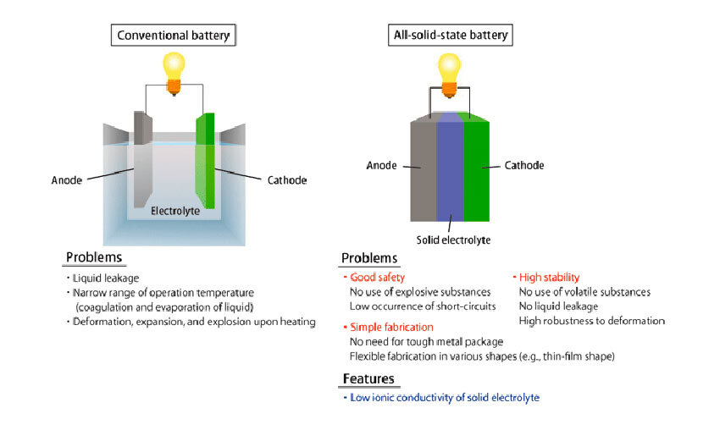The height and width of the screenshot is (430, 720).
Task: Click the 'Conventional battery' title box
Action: pos(172,36)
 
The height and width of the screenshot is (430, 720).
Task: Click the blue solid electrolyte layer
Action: pos(449,169)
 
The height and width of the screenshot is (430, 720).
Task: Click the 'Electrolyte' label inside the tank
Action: pos(175,211)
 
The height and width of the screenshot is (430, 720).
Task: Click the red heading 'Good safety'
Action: pos(375,277)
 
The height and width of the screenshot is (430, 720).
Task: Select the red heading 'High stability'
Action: pos(549,277)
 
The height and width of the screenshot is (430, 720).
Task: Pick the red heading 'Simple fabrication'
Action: pos(390,327)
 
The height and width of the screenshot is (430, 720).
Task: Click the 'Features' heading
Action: pos(368,378)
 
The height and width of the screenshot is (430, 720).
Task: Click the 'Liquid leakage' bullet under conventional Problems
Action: pos(107,278)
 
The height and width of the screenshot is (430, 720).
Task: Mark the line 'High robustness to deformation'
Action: pos(591,321)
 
